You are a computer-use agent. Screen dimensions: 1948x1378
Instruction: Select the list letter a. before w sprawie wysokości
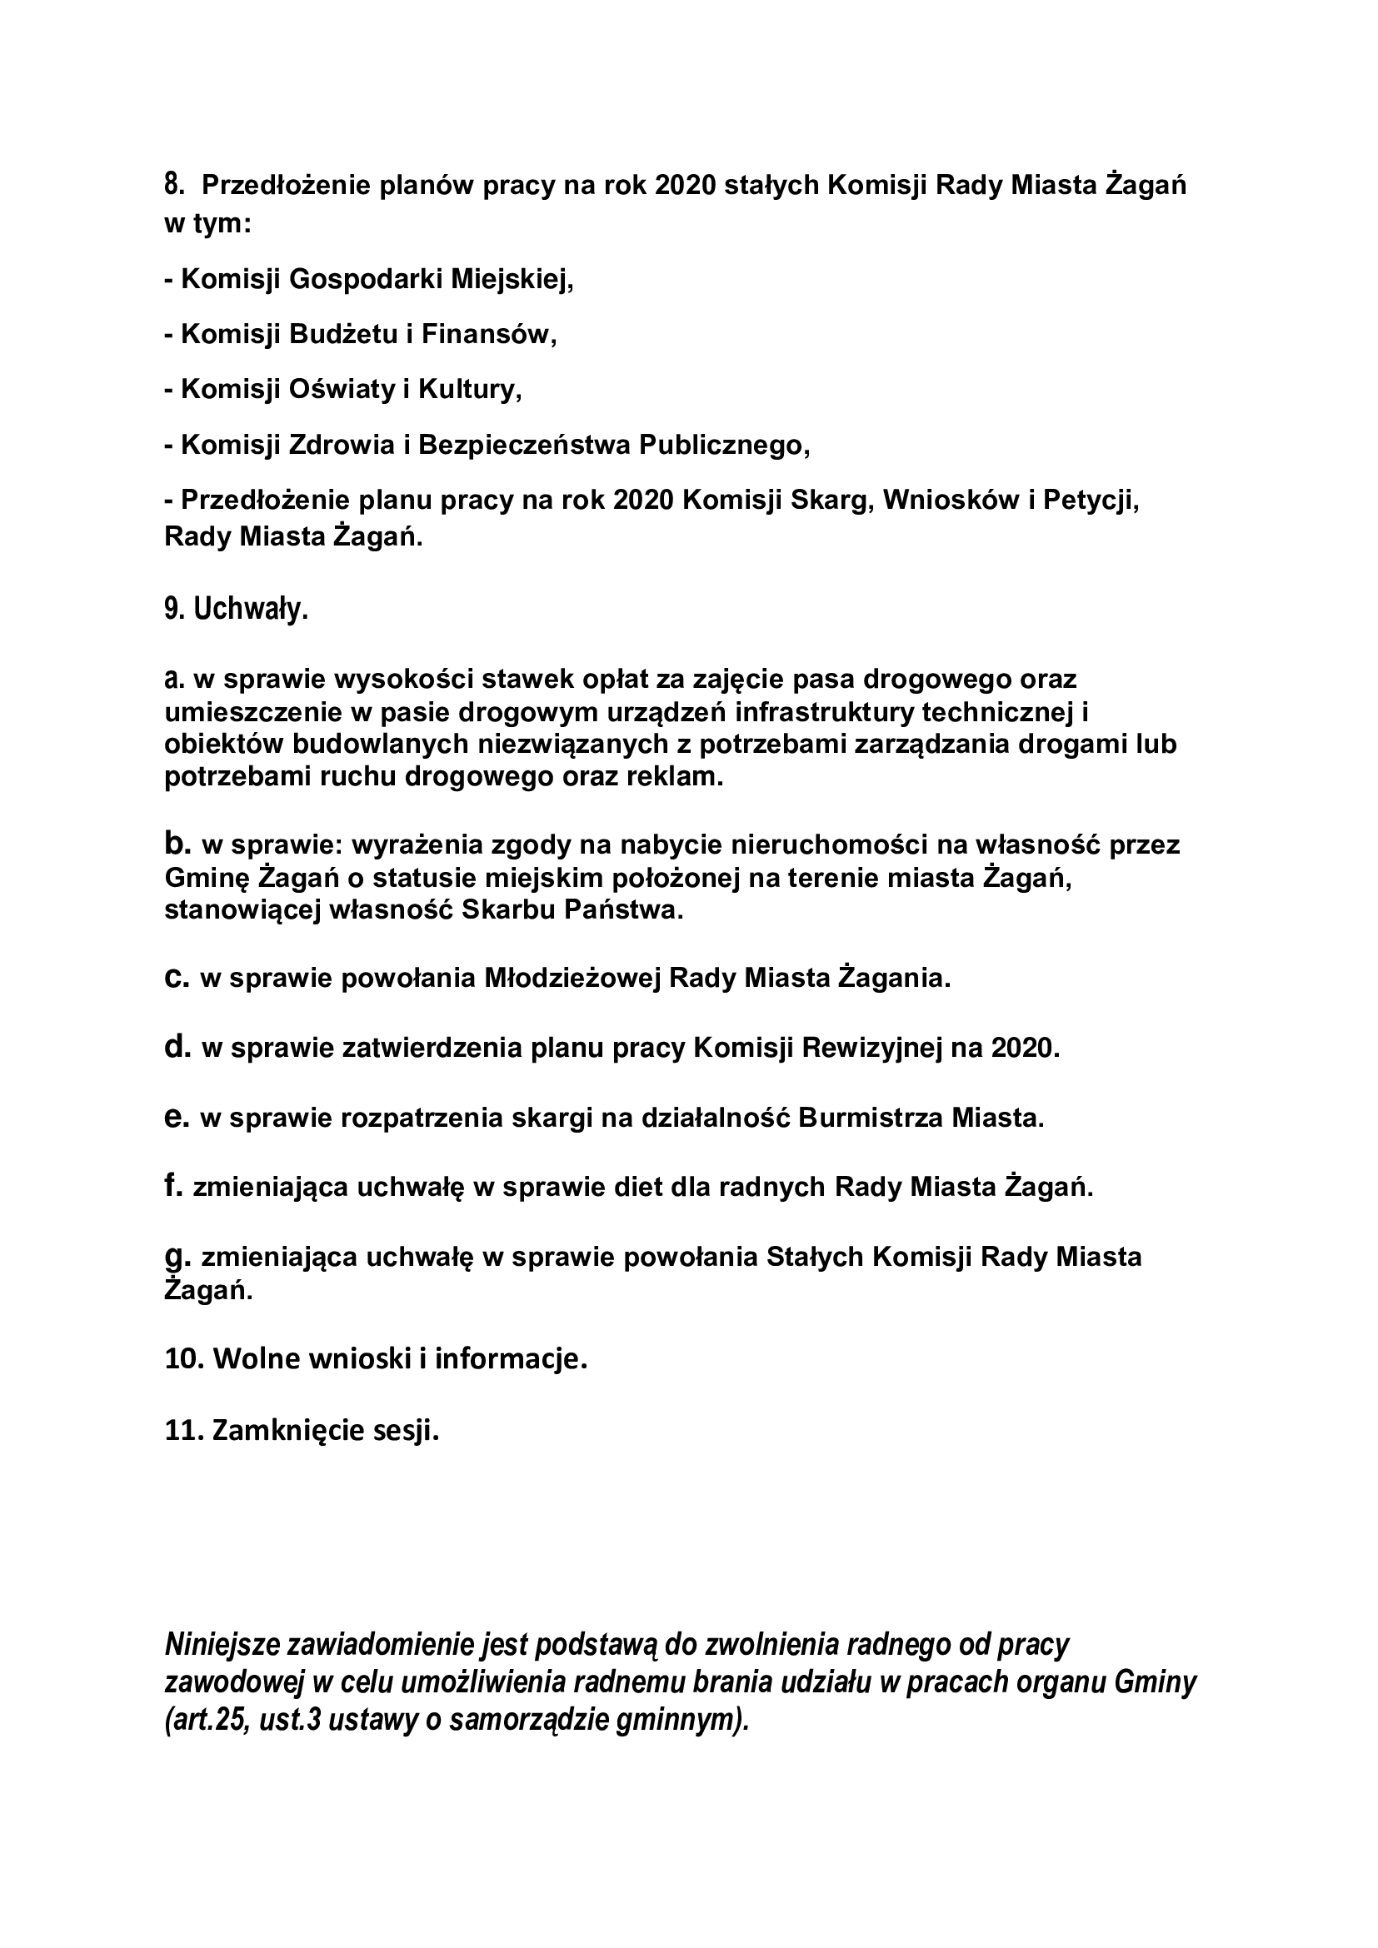point(174,680)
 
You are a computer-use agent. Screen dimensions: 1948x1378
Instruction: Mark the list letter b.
point(177,844)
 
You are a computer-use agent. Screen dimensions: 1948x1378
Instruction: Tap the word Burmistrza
point(871,1118)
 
